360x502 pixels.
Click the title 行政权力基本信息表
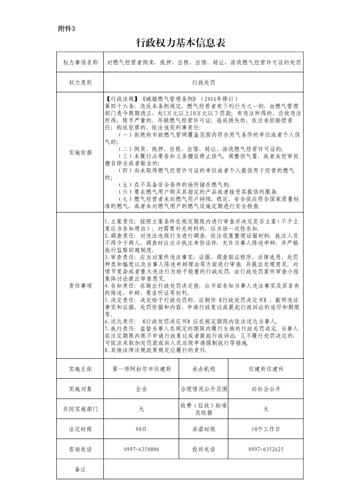[x=180, y=43]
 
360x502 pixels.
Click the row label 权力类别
[x=80, y=83]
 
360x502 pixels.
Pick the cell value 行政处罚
[x=203, y=83]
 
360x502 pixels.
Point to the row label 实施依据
[x=80, y=153]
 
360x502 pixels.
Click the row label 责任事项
[x=80, y=286]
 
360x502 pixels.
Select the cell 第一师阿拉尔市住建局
[x=141, y=369]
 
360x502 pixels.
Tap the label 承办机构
[x=204, y=369]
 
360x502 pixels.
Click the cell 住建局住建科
[x=266, y=369]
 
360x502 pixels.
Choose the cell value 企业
[x=141, y=389]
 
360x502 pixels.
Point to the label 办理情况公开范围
[x=204, y=389]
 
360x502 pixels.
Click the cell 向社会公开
[x=266, y=389]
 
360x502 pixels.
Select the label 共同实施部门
[x=80, y=409]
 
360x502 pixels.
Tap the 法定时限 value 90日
[x=141, y=429]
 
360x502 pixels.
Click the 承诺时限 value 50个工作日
[x=266, y=429]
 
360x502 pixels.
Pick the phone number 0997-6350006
[x=141, y=449]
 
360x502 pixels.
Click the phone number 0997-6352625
[x=266, y=449]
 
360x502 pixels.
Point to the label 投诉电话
[x=204, y=449]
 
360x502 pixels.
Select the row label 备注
[x=80, y=469]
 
